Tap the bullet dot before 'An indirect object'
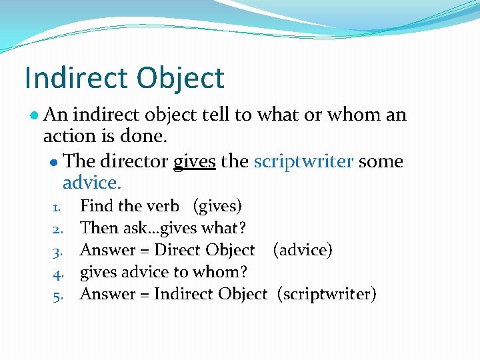[x=33, y=115]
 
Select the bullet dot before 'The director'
[x=54, y=162]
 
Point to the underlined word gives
[x=194, y=161]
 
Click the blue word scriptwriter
[x=303, y=161]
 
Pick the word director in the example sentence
[x=134, y=161]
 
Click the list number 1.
[x=57, y=207]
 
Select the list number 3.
[x=57, y=251]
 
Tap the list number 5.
[x=57, y=295]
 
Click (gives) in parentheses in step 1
[x=217, y=206]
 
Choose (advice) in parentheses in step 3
[x=302, y=250]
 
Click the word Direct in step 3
[x=177, y=250]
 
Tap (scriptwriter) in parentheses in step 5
[x=327, y=294]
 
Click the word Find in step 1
[x=97, y=206]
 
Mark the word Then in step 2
[x=99, y=228]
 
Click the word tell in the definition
[x=215, y=115]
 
